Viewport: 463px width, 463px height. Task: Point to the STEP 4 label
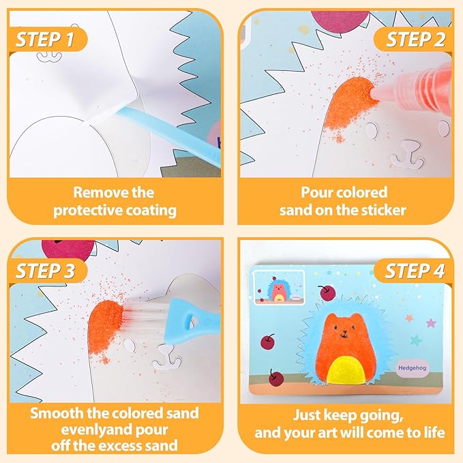tap(414, 270)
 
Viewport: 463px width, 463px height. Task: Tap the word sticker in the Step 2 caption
tap(380, 209)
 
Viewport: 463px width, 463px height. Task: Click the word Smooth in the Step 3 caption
tap(57, 413)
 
